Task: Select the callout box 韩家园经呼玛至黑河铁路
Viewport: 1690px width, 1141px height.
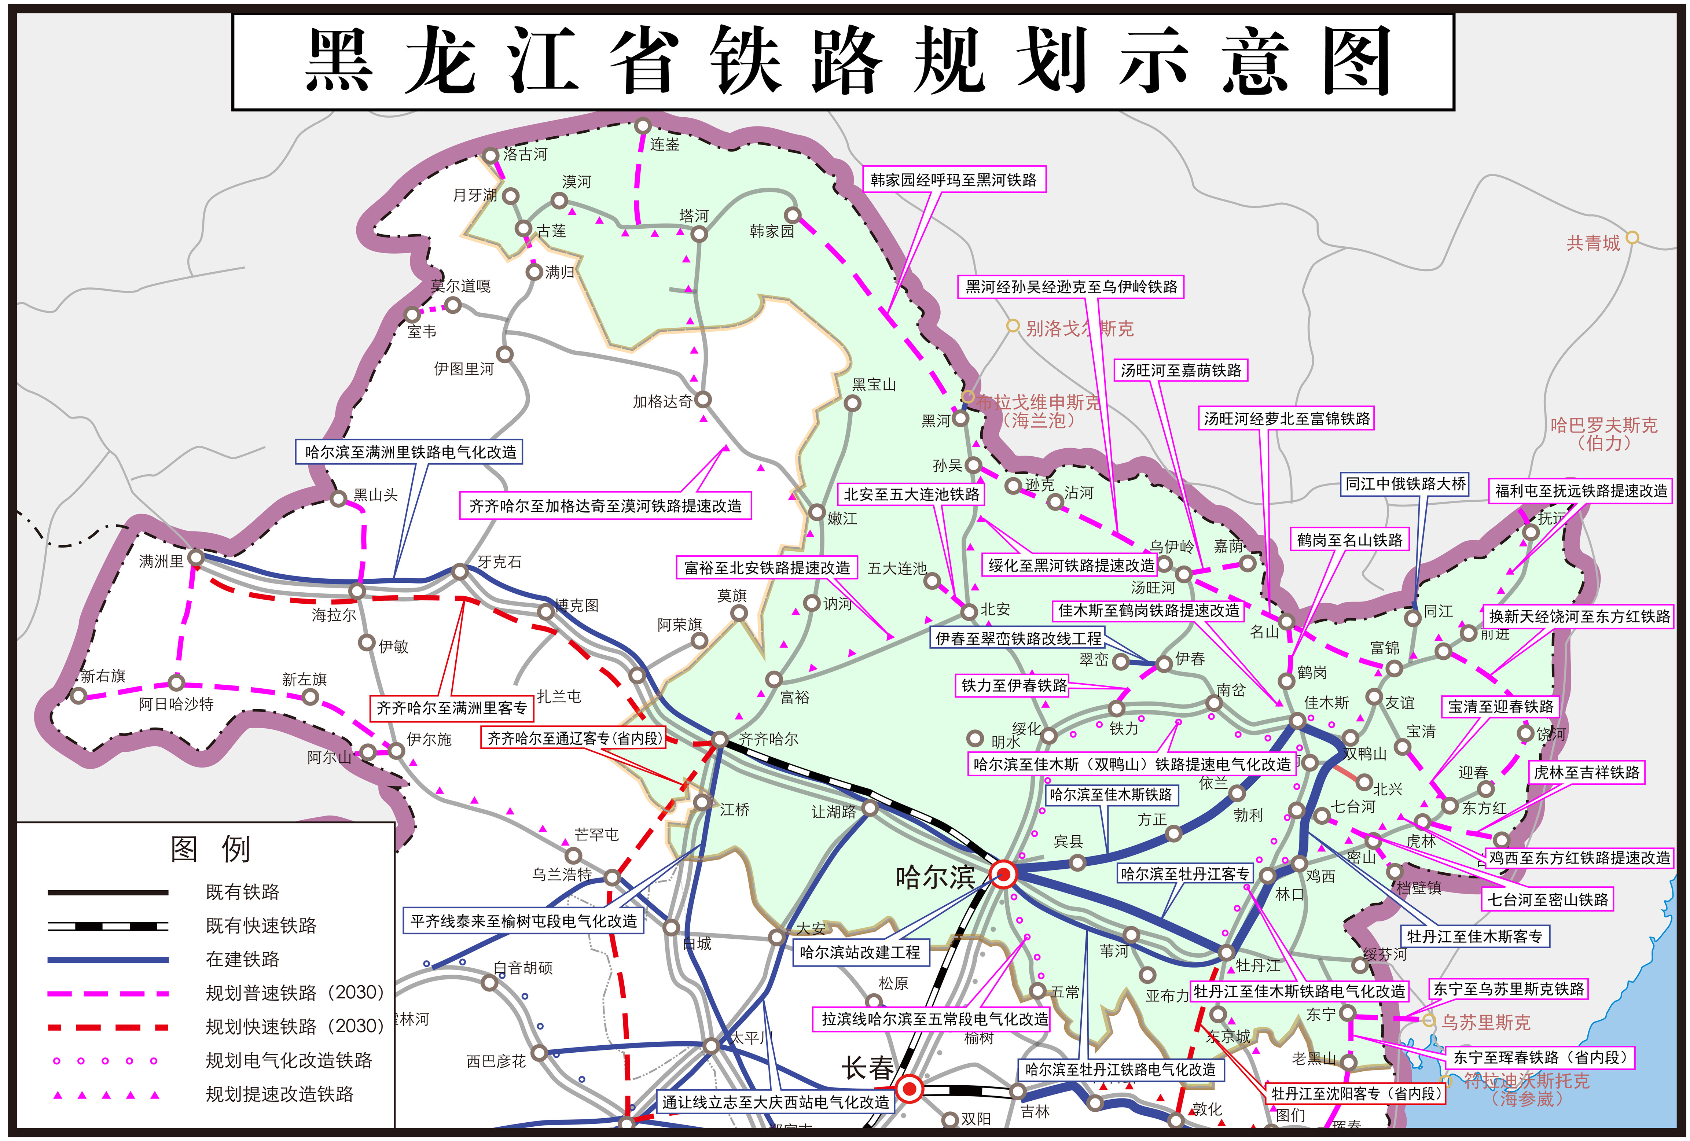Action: (x=954, y=180)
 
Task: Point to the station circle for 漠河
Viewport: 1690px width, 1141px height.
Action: (x=559, y=200)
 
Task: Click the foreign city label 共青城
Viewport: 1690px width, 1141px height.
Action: (x=1592, y=243)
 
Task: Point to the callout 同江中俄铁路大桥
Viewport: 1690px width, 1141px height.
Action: (x=1405, y=483)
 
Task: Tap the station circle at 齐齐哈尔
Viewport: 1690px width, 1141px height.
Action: (x=719, y=740)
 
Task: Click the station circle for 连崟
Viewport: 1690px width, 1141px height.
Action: (x=642, y=126)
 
